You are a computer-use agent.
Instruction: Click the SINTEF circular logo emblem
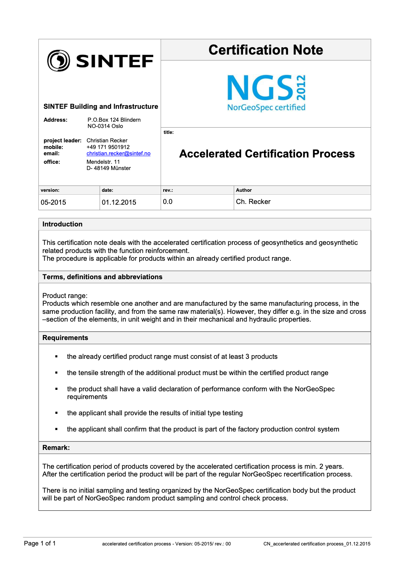point(58,61)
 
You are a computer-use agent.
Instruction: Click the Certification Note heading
point(266,50)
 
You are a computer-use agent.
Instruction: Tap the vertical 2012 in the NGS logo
point(301,88)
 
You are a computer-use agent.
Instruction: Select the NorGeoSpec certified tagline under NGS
point(266,107)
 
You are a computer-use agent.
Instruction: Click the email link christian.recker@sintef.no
point(118,153)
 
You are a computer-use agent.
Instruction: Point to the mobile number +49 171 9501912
point(108,147)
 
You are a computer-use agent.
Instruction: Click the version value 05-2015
point(53,202)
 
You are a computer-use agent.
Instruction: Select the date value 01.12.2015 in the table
point(119,202)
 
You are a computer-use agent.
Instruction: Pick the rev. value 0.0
point(168,202)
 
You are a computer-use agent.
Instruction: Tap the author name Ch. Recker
point(253,202)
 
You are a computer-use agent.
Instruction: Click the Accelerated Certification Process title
point(267,154)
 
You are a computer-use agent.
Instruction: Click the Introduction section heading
point(62,224)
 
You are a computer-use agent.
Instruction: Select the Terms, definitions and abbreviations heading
point(102,277)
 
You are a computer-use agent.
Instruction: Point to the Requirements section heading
point(65,338)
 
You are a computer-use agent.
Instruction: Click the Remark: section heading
point(56,448)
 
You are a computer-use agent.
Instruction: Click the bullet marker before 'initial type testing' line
point(57,413)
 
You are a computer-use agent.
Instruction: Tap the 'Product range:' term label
point(65,296)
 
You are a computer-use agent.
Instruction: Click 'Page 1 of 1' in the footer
point(40,543)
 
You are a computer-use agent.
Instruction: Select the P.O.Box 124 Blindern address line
point(114,120)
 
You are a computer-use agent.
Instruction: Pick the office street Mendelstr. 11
point(103,162)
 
